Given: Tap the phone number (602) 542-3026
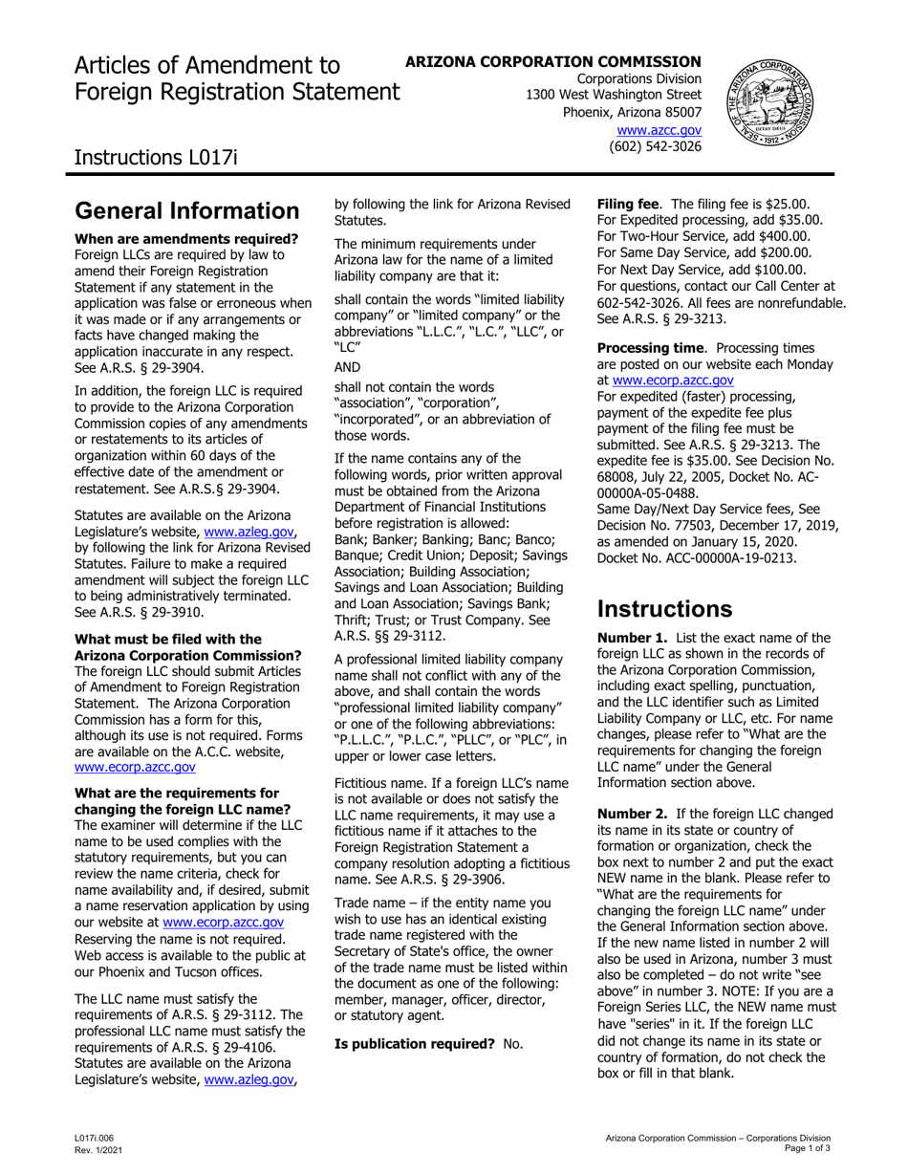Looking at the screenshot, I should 655,146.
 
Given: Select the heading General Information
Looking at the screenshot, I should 186,210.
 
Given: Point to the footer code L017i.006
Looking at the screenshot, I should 97,1138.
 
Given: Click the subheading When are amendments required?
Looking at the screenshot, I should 186,239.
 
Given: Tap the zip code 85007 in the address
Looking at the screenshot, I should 680,112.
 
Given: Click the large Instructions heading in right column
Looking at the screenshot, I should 664,609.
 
